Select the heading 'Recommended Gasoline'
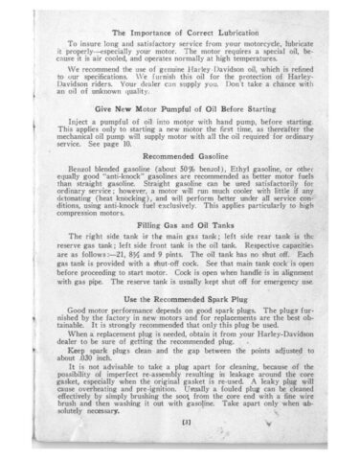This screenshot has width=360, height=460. coord(182,153)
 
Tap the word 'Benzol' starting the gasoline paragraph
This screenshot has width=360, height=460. coord(83,167)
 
